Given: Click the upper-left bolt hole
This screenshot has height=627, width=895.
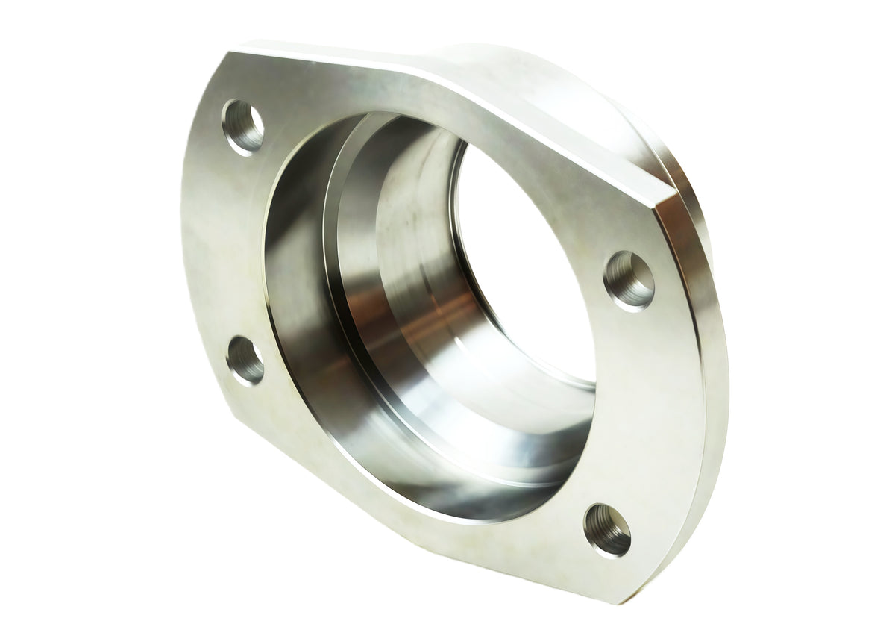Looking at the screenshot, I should click(x=243, y=127).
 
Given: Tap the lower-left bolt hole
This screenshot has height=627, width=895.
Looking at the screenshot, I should click(x=245, y=360).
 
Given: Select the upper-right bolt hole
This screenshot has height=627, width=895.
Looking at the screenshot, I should click(x=629, y=280).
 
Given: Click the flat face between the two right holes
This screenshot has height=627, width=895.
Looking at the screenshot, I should click(x=641, y=403).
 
